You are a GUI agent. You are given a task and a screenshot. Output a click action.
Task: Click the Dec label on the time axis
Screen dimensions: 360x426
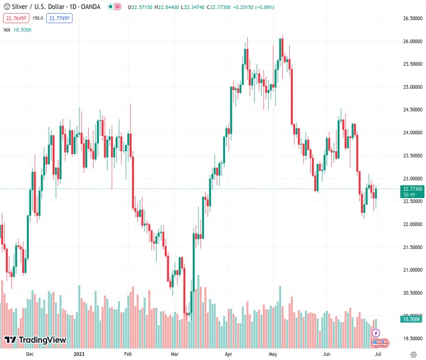(x=29, y=355)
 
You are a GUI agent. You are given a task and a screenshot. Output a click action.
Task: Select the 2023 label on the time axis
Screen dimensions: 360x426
(x=80, y=355)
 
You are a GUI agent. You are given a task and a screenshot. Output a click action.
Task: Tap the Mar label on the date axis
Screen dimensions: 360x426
(x=175, y=355)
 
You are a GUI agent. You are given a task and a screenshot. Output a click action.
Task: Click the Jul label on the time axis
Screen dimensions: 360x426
(x=377, y=355)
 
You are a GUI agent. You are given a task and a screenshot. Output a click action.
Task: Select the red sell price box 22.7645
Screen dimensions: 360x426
(x=17, y=18)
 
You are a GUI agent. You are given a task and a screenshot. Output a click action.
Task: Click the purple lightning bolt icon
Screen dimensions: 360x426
(x=376, y=332)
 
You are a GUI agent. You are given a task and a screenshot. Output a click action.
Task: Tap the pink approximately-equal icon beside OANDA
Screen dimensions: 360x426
(x=117, y=7)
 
